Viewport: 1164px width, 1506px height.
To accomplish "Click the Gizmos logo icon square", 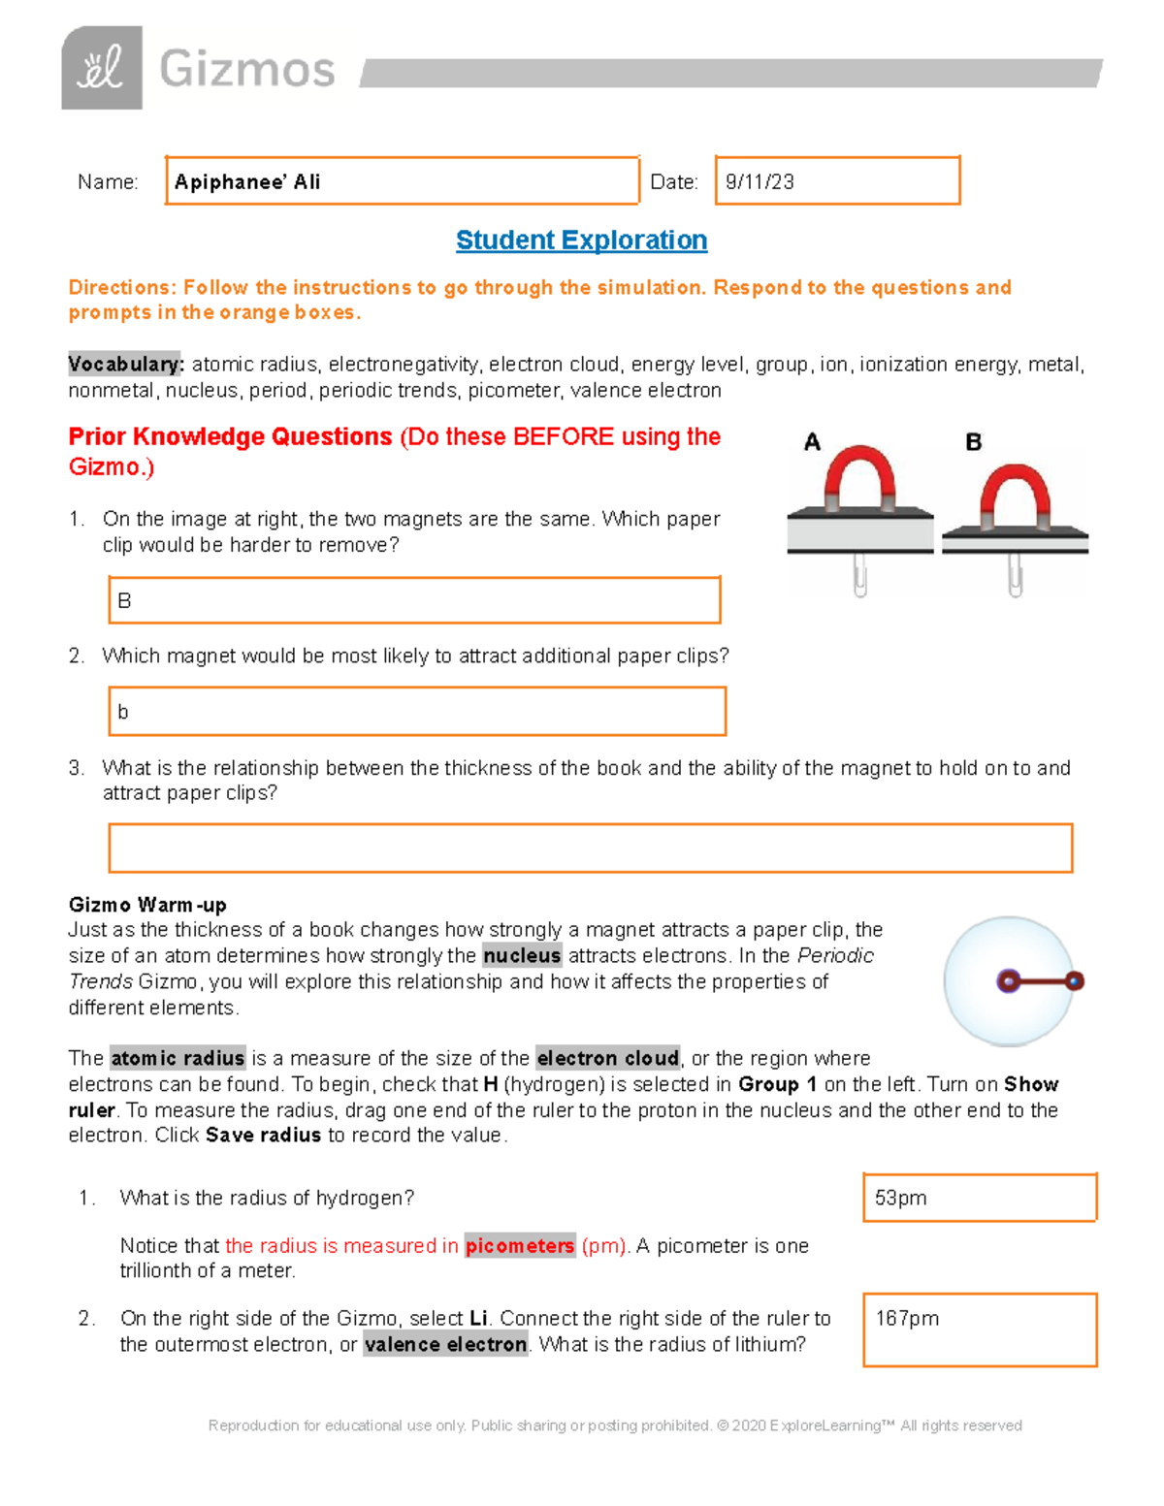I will (102, 68).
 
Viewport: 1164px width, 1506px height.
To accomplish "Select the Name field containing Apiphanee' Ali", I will (402, 181).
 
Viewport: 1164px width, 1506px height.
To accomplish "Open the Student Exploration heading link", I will (581, 240).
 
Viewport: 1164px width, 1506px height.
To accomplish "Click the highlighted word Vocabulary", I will (125, 365).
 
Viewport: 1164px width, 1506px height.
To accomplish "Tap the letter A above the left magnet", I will (813, 442).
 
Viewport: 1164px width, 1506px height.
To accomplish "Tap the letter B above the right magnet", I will (973, 442).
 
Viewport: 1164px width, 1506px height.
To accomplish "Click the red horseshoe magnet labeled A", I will (858, 476).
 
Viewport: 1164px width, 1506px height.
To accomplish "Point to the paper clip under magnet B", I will (1015, 574).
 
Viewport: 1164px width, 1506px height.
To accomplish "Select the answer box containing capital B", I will (414, 600).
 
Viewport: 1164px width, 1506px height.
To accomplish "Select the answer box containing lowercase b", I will (417, 712).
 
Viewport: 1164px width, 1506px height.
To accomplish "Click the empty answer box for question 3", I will (590, 849).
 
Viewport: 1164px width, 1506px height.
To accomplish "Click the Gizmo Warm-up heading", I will (147, 905).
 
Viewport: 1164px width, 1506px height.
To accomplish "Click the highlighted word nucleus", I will (522, 956).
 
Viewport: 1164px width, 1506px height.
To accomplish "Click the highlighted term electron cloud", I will (607, 1059).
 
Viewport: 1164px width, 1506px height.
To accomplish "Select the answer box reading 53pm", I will (980, 1198).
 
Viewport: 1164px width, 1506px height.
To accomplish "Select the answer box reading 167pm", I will (980, 1330).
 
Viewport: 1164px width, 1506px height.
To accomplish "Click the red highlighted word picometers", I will (520, 1246).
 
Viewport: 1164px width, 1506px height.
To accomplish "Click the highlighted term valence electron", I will (445, 1345).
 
